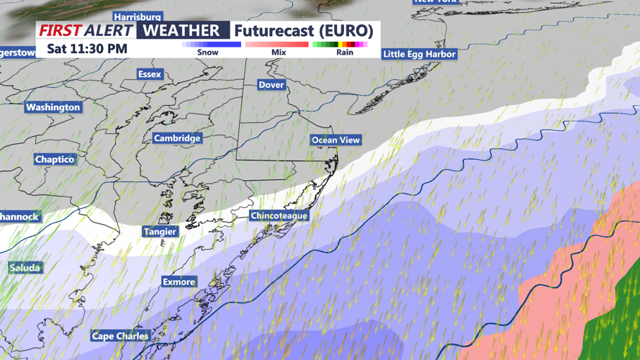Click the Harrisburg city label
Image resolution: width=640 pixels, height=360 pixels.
138,17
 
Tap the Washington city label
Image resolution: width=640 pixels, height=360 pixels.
53,107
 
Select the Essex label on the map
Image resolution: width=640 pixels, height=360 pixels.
150,74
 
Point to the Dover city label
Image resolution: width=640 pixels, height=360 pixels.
271,85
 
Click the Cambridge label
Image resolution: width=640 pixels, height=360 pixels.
177,138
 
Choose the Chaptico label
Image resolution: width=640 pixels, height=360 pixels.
55,159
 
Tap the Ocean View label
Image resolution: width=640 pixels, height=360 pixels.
335,140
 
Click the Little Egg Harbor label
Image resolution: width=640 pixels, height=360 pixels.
419,54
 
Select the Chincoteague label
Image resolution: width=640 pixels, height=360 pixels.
279,216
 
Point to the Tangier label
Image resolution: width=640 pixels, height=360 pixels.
160,232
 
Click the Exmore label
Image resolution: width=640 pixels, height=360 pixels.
179,282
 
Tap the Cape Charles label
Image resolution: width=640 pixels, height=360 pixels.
120,336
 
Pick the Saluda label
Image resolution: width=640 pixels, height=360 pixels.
25,268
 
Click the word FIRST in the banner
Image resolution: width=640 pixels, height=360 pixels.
60,31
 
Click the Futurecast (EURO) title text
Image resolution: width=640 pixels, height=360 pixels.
303,31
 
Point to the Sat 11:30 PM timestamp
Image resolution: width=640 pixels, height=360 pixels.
87,49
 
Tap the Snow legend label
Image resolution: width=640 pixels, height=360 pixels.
207,52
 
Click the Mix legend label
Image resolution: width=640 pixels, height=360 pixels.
279,52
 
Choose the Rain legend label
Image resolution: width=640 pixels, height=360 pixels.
344,52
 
